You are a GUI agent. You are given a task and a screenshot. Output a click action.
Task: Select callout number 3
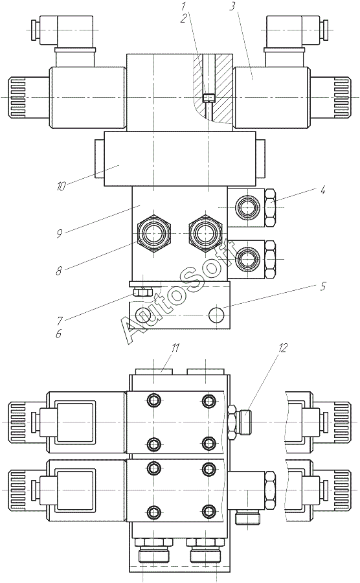[x=232, y=6]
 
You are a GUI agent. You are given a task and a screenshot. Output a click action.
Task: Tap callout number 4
[x=322, y=190]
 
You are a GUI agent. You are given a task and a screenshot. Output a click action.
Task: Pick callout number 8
[x=59, y=271]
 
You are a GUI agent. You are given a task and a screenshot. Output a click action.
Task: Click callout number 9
[x=59, y=234]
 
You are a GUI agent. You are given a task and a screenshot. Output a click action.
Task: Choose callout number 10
[x=61, y=186]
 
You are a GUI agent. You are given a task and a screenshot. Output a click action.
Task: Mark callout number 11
[x=175, y=348]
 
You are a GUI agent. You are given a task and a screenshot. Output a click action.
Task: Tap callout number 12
[x=282, y=348]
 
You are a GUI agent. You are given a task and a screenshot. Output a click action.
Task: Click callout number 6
[x=58, y=333]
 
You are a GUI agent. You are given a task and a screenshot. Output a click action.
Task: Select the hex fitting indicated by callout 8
[x=153, y=233]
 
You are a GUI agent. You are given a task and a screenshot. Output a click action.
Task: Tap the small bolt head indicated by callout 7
[x=142, y=292]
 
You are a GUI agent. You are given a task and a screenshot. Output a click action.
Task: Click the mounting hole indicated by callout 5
[x=217, y=315]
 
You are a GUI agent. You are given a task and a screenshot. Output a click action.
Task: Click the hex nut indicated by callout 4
[x=271, y=207]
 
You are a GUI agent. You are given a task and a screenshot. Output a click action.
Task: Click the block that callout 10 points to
[x=180, y=159]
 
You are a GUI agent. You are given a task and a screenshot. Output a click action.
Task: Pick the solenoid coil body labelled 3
[x=271, y=98]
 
